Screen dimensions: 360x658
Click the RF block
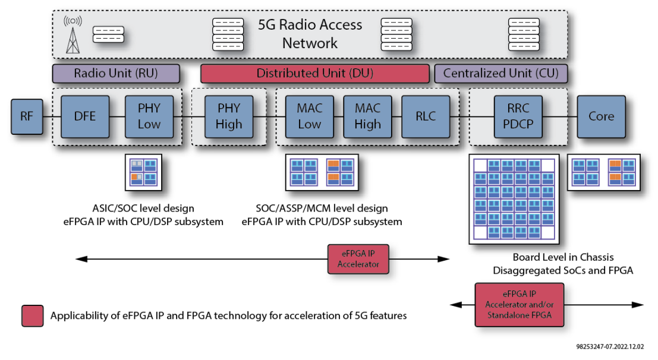point(27,116)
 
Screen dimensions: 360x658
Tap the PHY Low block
point(149,116)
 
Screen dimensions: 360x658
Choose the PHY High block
point(229,116)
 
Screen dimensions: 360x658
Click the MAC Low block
point(309,116)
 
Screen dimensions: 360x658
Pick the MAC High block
point(367,116)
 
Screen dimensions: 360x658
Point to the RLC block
point(426,116)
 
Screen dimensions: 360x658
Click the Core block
point(601,116)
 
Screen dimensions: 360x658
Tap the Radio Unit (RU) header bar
point(116,74)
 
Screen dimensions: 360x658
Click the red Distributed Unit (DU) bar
point(314,74)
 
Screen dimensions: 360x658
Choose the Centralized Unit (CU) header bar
point(501,74)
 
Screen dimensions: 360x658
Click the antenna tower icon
point(74,34)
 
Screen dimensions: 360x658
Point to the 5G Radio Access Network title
point(310,34)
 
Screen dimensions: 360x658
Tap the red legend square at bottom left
point(32,316)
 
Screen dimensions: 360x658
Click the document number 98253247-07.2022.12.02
point(610,345)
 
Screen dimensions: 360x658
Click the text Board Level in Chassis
point(563,257)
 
